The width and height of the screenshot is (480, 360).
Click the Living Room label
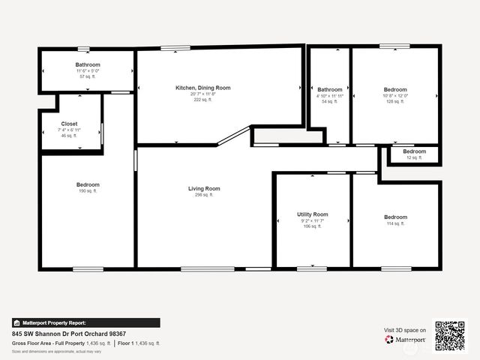203,188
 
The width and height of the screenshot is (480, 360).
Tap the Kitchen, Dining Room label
202,88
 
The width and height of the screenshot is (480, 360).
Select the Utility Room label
312,214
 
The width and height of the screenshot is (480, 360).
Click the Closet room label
69,124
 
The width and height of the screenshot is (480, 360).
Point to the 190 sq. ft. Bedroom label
87,184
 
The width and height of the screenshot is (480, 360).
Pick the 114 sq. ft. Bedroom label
395,217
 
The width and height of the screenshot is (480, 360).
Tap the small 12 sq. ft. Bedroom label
414,151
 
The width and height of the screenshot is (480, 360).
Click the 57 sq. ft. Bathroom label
87,65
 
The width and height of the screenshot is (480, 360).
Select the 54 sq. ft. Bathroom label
329,90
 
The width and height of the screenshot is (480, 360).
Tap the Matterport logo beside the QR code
406,340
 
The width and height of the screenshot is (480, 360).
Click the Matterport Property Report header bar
86,322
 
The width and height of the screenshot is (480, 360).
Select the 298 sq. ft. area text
203,195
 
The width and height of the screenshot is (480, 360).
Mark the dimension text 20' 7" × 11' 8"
202,94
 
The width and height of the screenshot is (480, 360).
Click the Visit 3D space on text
405,330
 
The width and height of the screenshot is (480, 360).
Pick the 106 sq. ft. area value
312,226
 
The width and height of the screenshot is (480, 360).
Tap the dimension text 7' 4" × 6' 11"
69,130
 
